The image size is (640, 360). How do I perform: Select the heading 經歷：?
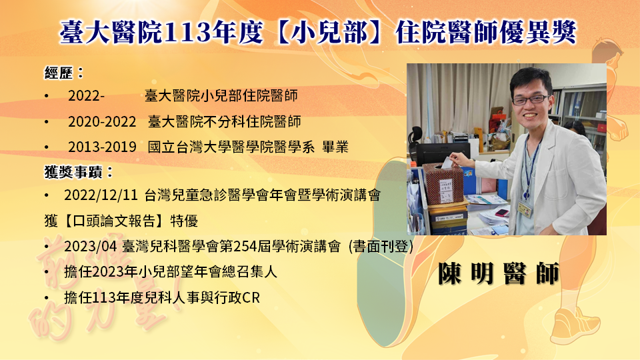[x=65, y=73]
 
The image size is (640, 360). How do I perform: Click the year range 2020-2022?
[x=102, y=121]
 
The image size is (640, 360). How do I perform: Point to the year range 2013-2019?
[x=102, y=147]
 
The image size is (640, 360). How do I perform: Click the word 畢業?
[x=335, y=147]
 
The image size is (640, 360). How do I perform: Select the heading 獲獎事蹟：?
[x=79, y=172]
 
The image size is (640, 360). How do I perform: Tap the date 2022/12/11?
[x=101, y=195]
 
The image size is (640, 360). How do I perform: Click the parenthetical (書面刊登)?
[x=381, y=247]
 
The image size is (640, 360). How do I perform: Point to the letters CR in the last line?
[x=251, y=298]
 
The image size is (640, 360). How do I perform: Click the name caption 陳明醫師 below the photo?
[x=499, y=273]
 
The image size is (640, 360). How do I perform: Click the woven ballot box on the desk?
[x=443, y=184]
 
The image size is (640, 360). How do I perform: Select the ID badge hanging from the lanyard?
[x=525, y=209]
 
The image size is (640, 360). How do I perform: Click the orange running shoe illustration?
[x=575, y=325]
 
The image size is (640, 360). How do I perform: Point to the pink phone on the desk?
[x=501, y=213]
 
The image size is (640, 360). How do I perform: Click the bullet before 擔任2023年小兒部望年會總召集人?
[x=47, y=272]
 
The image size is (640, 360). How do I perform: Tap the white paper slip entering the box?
[x=447, y=162]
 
